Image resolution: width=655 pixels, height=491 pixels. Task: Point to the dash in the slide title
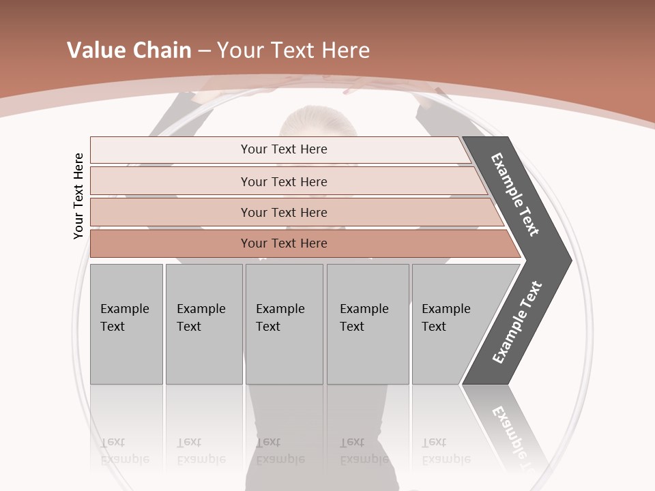tap(204, 51)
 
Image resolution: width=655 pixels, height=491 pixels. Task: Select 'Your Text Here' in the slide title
tap(293, 50)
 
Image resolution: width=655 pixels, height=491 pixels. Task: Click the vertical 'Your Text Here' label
tap(78, 196)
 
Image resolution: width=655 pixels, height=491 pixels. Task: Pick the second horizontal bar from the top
tap(283, 181)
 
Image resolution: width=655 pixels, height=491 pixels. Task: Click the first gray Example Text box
tap(126, 324)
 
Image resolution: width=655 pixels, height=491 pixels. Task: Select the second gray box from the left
tap(203, 324)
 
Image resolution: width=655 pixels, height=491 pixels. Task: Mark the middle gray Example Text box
tap(284, 324)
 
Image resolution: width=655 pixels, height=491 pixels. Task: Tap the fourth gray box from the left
tap(367, 324)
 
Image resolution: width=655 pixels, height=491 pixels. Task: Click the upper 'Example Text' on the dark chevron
tap(515, 194)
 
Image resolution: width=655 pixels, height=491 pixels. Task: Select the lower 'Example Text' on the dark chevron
tap(516, 323)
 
